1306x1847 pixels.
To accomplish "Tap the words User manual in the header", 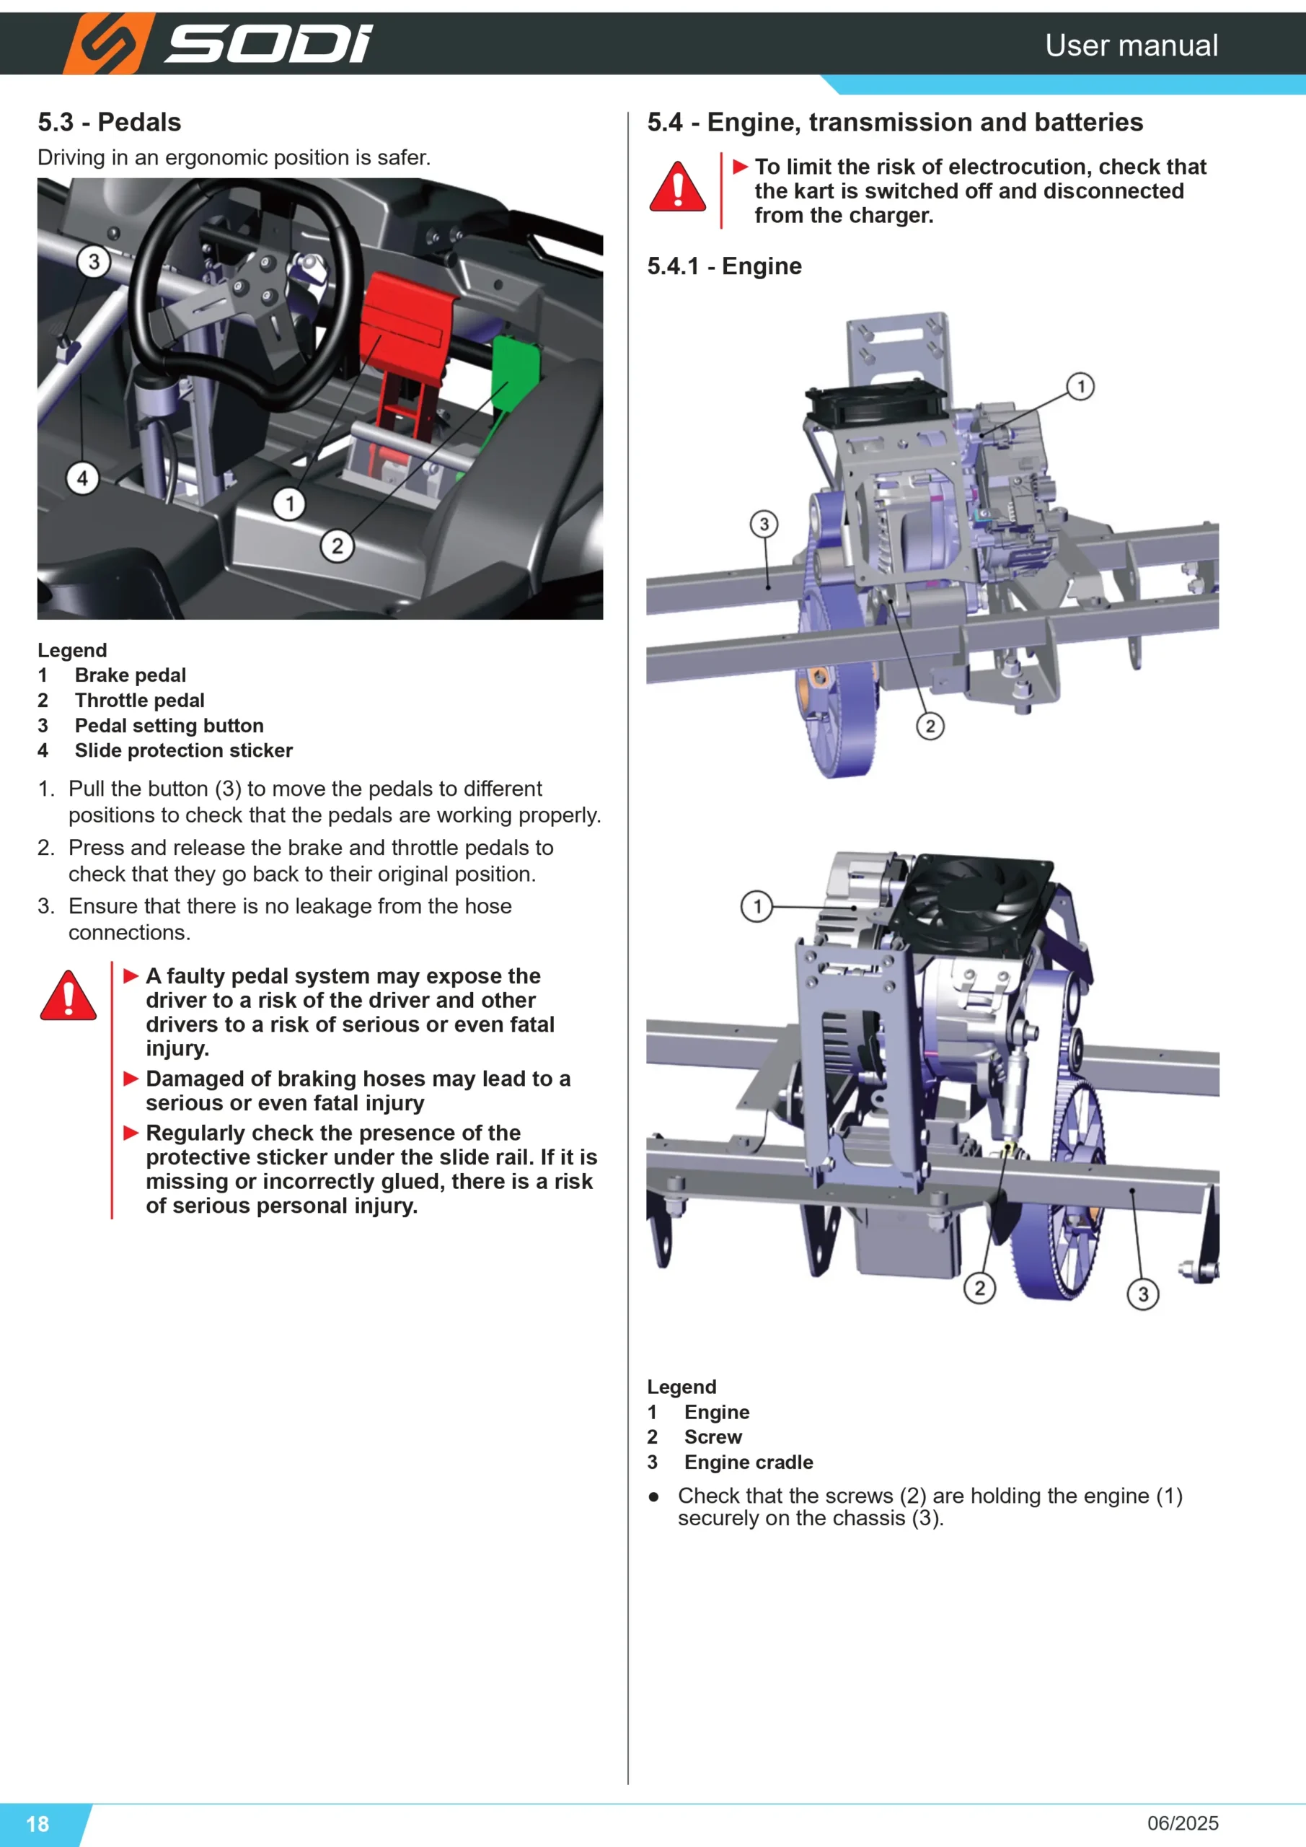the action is (1131, 45).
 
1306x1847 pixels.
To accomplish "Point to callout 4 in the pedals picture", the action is (82, 478).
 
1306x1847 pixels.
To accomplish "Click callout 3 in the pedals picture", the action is (93, 261).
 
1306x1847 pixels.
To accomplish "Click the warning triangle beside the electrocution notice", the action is (677, 187).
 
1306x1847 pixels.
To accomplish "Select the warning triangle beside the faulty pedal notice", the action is (69, 996).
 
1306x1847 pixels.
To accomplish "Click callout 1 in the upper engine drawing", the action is (1081, 387).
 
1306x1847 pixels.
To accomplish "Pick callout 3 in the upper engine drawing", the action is (764, 525).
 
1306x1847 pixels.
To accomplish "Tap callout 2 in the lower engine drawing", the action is (979, 1288).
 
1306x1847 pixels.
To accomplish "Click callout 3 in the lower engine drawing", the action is (1143, 1294).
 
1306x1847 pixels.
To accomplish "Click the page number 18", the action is (37, 1824).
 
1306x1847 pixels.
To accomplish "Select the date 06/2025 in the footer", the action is (1183, 1823).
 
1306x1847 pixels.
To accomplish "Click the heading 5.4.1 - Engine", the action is (725, 266).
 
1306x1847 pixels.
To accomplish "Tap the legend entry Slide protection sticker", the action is (183, 750).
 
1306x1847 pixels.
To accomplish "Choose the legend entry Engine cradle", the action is (749, 1462).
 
